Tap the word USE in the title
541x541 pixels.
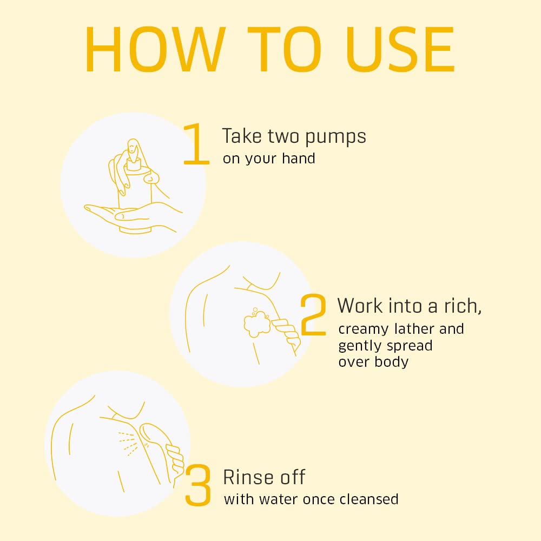[x=400, y=49]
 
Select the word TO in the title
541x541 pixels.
[x=285, y=49]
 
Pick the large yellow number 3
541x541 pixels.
[x=197, y=485]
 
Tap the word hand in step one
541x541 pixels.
[x=299, y=159]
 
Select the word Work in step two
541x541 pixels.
[x=359, y=306]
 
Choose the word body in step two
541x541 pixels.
[x=392, y=361]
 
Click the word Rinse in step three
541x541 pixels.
[x=248, y=477]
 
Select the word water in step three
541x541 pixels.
[x=279, y=499]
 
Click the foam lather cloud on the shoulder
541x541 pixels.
[x=257, y=322]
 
